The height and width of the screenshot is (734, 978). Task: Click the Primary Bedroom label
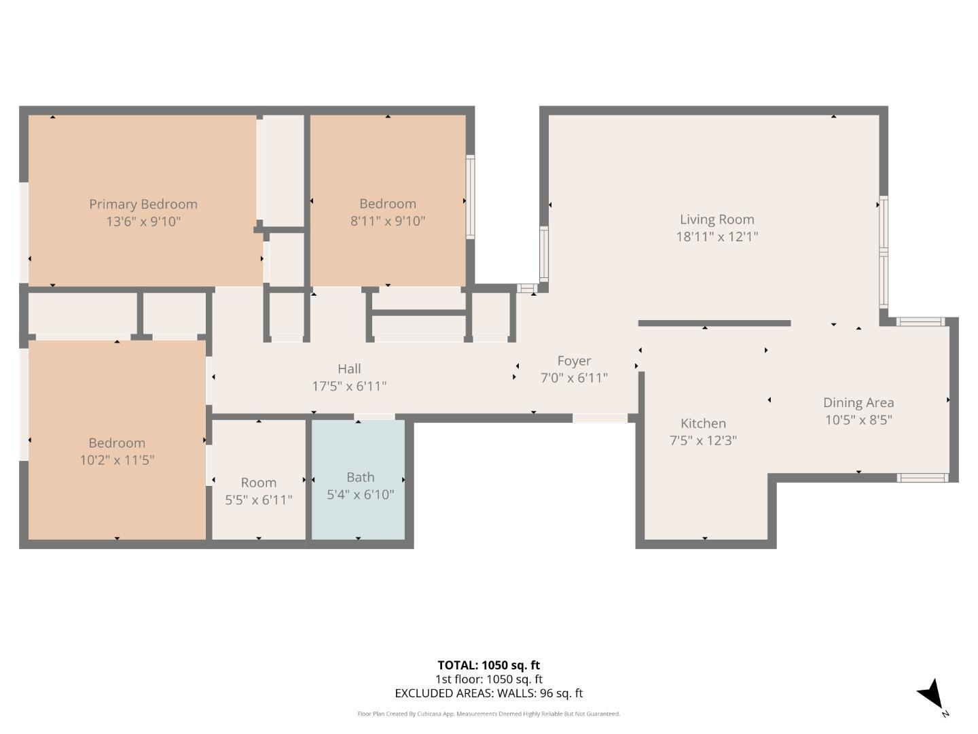click(143, 204)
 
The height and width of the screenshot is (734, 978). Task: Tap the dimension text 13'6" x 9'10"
click(143, 222)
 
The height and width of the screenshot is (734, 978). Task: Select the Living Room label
click(717, 220)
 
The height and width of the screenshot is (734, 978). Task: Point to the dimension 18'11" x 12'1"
click(717, 237)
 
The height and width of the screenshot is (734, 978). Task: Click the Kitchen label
click(703, 423)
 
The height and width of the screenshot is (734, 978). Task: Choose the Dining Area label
click(858, 403)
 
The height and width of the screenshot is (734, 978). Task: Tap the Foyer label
click(574, 361)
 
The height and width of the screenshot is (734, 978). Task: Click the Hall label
click(349, 368)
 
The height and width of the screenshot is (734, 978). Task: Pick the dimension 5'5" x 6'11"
click(259, 500)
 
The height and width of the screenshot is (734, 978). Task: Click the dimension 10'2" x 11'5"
click(117, 460)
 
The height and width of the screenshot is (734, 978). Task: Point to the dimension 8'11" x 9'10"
click(388, 221)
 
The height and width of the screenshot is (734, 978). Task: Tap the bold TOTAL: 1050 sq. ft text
click(488, 665)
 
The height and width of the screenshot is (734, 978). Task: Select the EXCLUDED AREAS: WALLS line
click(488, 693)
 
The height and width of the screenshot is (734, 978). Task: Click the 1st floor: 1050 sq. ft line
click(488, 679)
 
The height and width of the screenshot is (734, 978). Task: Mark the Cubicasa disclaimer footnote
click(488, 714)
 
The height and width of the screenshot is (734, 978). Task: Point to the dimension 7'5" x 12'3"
click(703, 440)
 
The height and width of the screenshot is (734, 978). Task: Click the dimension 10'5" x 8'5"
click(858, 420)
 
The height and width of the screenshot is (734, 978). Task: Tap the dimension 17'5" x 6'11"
click(349, 386)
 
